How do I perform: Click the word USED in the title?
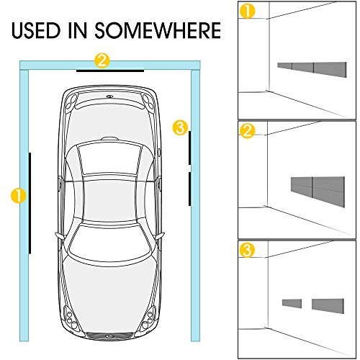click(36, 30)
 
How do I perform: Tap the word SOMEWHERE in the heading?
click(158, 30)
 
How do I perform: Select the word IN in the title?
click(77, 30)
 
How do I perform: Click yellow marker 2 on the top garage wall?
click(102, 61)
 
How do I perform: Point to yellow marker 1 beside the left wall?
click(19, 196)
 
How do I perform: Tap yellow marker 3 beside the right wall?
click(180, 127)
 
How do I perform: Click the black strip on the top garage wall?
click(110, 71)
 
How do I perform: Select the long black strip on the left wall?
click(30, 203)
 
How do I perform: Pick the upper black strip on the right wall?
click(189, 148)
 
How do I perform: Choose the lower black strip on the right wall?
click(189, 189)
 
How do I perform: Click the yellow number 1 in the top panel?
click(247, 11)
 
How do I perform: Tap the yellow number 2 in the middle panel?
click(247, 131)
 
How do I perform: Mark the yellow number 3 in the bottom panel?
click(247, 251)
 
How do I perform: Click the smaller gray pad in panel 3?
click(292, 303)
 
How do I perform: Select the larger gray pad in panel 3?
click(328, 305)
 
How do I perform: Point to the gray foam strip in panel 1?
click(312, 69)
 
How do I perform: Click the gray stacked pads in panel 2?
click(318, 192)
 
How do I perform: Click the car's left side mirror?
click(59, 235)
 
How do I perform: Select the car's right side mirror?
click(160, 235)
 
